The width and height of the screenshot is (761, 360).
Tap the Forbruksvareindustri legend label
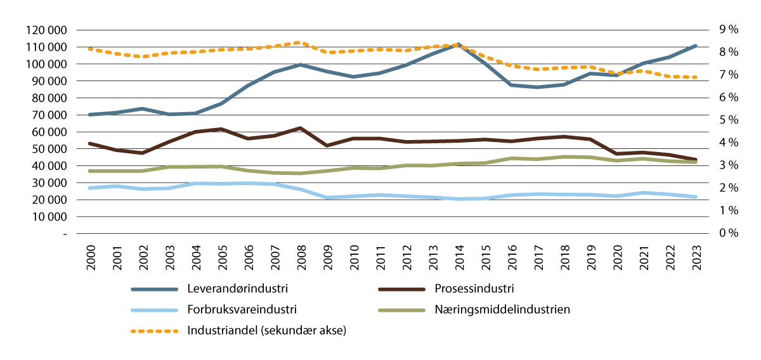pyautogui.click(x=242, y=310)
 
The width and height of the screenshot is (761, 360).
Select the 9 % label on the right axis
pyautogui.click(x=724, y=29)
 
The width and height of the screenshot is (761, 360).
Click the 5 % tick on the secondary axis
pyautogui.click(x=724, y=120)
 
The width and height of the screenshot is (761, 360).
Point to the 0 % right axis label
pyautogui.click(x=724, y=233)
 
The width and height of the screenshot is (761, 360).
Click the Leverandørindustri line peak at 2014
pyautogui.click(x=458, y=44)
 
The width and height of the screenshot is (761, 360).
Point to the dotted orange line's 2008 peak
pyautogui.click(x=300, y=42)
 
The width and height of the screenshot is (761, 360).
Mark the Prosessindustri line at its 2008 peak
pyautogui.click(x=300, y=128)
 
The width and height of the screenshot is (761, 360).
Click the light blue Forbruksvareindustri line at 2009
pyautogui.click(x=327, y=198)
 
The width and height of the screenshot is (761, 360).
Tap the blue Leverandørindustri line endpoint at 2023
pyautogui.click(x=696, y=46)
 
